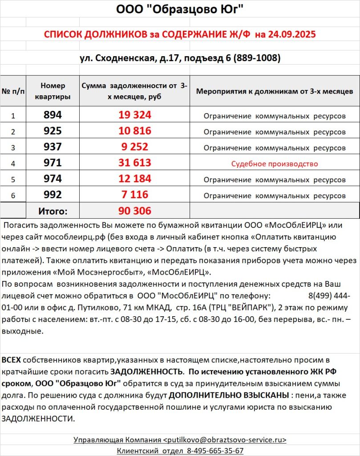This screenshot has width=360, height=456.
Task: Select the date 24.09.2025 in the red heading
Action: [292, 35]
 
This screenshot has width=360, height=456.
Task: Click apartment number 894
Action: [53, 115]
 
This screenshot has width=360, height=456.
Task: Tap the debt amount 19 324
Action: [135, 115]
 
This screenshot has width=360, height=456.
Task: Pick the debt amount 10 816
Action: [135, 131]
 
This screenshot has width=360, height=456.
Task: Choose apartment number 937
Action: [53, 147]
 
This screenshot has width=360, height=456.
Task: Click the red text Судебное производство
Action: [275, 163]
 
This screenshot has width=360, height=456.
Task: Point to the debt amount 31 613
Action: [135, 163]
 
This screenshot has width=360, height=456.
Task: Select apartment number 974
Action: [53, 179]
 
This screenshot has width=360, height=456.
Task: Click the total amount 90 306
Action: [135, 211]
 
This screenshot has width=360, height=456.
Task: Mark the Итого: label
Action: [53, 211]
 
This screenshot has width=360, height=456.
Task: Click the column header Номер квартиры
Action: [53, 91]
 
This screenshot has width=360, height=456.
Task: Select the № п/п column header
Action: [13, 91]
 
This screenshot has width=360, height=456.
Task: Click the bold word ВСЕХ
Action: [11, 359]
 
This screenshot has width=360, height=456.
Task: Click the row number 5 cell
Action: [13, 179]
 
